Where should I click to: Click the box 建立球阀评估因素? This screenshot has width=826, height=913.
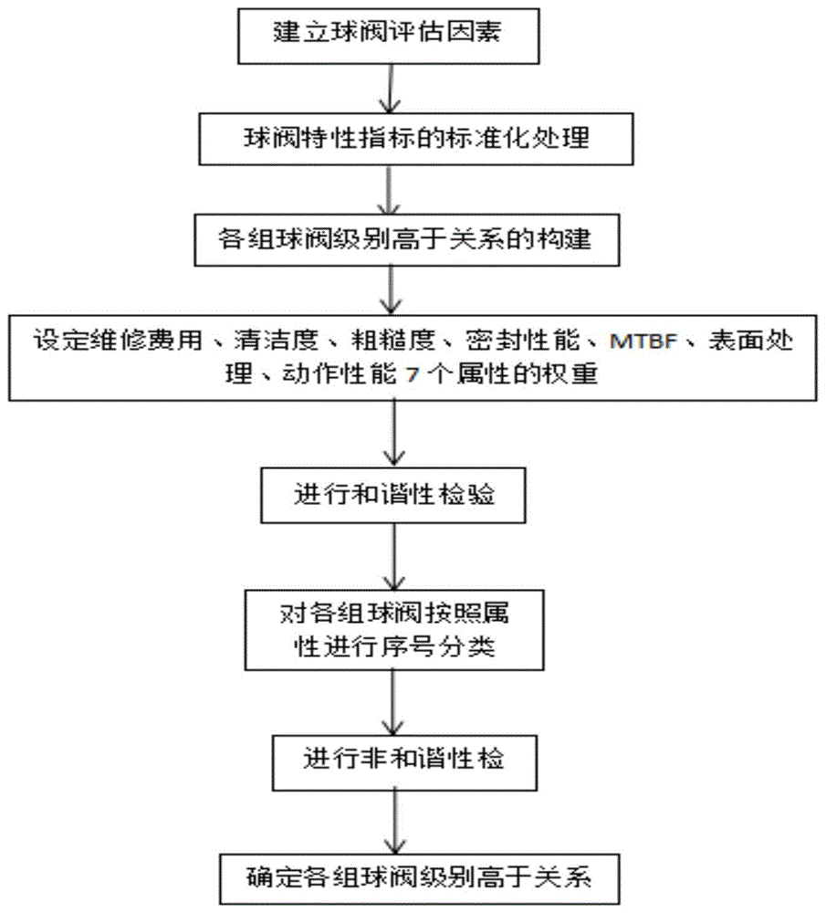[x=388, y=37]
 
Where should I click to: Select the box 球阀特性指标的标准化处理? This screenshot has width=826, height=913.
[x=415, y=139]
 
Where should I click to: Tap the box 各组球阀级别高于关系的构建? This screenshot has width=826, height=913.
[x=407, y=240]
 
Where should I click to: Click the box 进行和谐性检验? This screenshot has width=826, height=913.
[x=392, y=496]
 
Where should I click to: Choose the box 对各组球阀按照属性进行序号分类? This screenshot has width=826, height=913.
[x=394, y=630]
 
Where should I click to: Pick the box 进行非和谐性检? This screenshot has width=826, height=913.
[x=404, y=762]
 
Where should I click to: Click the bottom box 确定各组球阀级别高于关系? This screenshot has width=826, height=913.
[x=419, y=879]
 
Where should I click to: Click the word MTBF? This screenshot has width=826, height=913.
[x=643, y=341]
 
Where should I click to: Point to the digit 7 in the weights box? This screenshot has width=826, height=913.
[x=413, y=374]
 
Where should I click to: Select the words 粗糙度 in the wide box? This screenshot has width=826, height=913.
[x=392, y=340]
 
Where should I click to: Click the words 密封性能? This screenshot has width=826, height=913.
[x=523, y=340]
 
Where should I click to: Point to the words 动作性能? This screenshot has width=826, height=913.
[x=340, y=373]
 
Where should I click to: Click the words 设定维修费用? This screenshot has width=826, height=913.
[x=118, y=340]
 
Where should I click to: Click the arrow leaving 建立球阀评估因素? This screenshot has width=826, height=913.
[x=390, y=89]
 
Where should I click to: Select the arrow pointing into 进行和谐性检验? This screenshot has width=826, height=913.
[x=394, y=435]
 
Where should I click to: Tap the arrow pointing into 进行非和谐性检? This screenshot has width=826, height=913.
[x=393, y=703]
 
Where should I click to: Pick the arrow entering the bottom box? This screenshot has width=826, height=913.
[x=395, y=823]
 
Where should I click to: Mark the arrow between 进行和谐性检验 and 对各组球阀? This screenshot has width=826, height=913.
[x=394, y=556]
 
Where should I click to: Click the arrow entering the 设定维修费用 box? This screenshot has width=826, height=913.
[x=390, y=291]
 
